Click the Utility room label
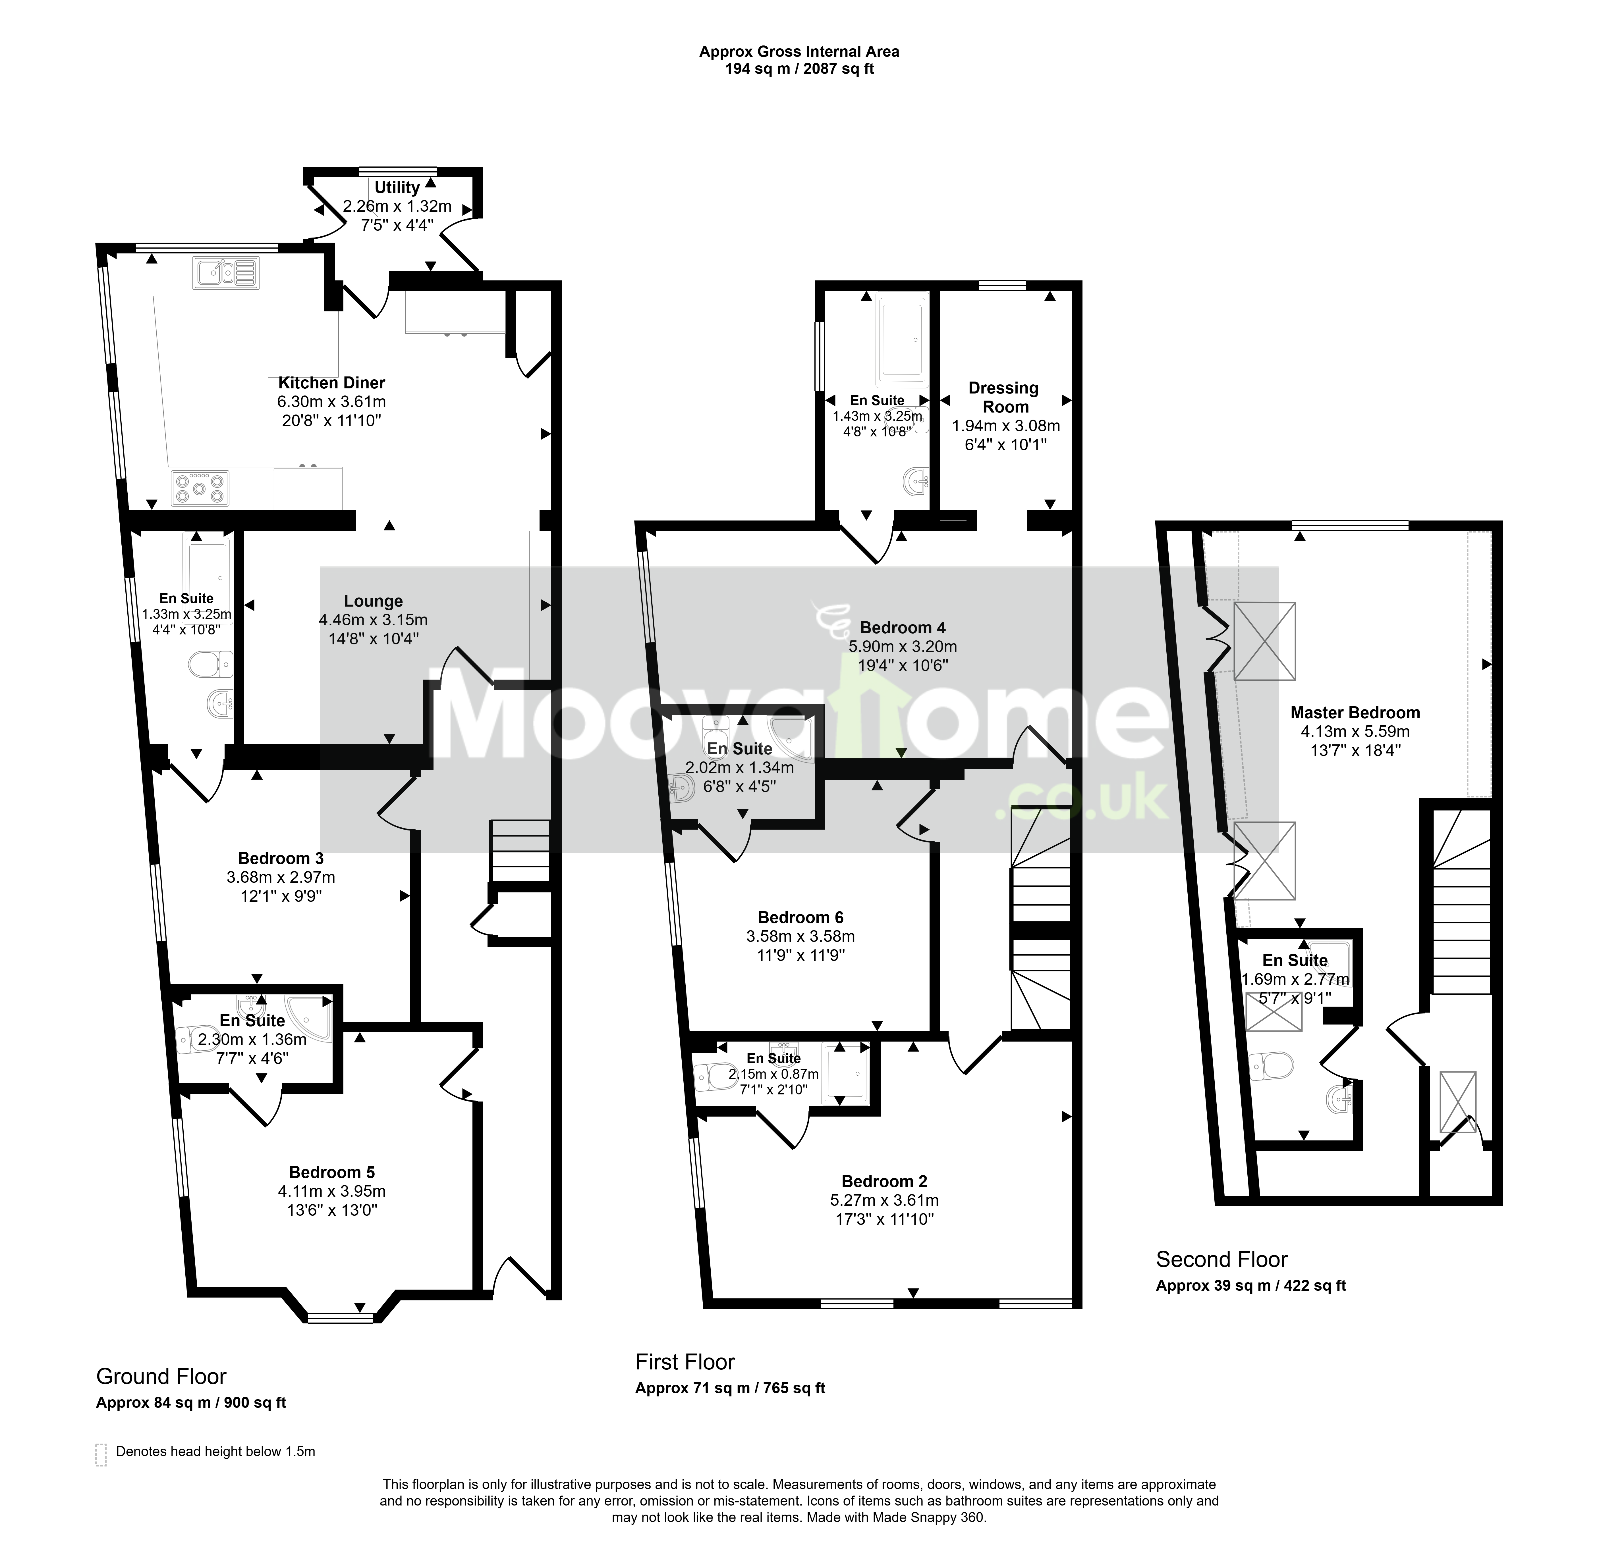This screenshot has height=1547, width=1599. pos(397,188)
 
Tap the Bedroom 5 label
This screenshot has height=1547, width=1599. pos(331,1172)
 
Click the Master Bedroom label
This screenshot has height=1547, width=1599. pos(1355,712)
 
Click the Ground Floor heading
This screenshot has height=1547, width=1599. pos(161,1377)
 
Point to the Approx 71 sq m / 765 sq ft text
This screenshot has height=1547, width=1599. pos(730,1388)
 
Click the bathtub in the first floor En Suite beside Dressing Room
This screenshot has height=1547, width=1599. pos(900,343)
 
